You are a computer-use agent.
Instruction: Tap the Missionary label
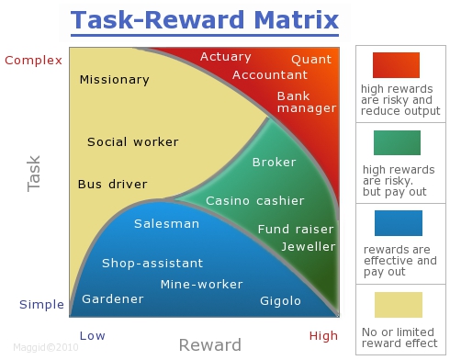pyautogui.click(x=114, y=80)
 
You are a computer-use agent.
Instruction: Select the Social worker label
pyautogui.click(x=132, y=142)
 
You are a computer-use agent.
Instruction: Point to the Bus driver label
pyautogui.click(x=112, y=185)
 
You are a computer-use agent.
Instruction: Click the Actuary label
pyautogui.click(x=225, y=57)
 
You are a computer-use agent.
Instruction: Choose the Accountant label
pyautogui.click(x=270, y=75)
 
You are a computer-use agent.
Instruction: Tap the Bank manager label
pyautogui.click(x=307, y=102)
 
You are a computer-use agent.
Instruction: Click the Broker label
pyautogui.click(x=274, y=163)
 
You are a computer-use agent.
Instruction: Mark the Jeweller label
pyautogui.click(x=301, y=246)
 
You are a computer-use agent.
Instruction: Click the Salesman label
pyautogui.click(x=166, y=224)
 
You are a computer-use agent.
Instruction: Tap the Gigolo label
pyautogui.click(x=281, y=300)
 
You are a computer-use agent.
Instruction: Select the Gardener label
pyautogui.click(x=112, y=299)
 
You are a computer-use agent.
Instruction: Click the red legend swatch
pyautogui.click(x=397, y=64)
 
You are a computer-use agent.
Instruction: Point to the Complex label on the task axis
pyautogui.click(x=34, y=61)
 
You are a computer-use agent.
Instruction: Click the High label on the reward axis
pyautogui.click(x=323, y=336)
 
